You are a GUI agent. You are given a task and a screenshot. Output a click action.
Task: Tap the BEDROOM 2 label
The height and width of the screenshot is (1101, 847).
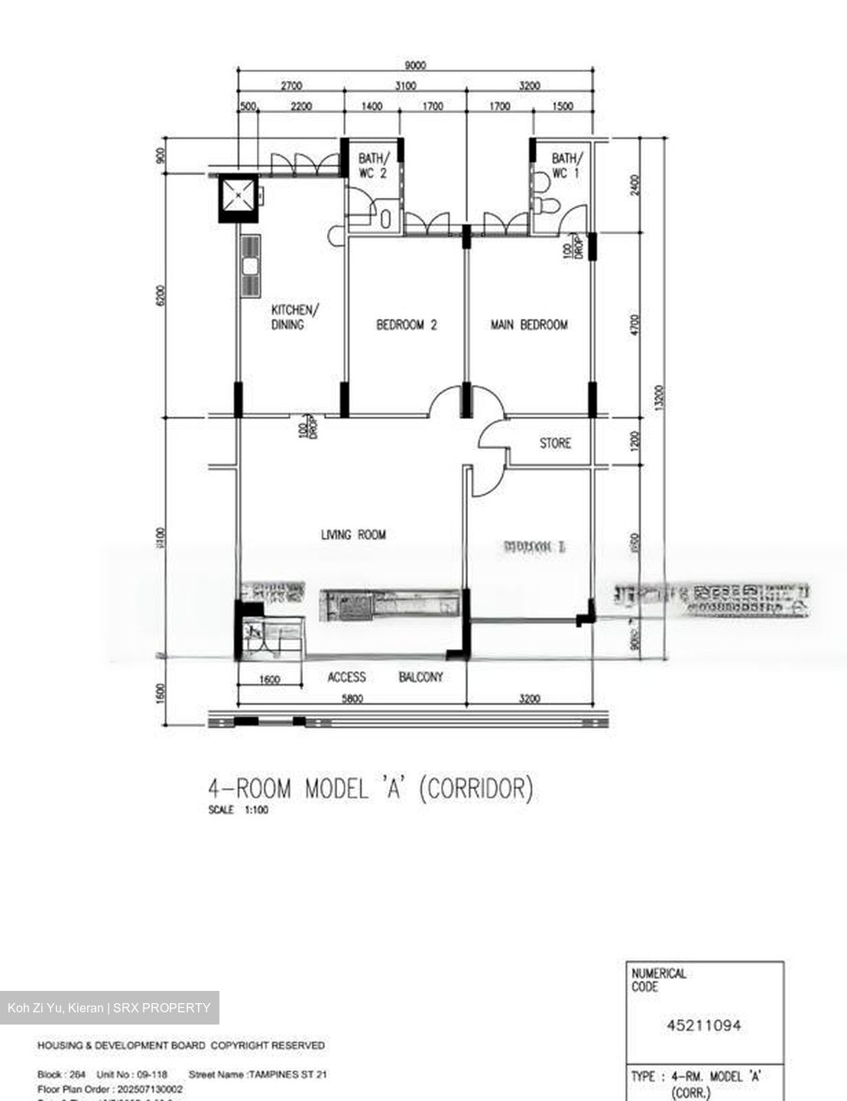point(406,325)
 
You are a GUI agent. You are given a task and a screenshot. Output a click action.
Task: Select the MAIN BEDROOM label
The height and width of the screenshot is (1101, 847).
point(528,325)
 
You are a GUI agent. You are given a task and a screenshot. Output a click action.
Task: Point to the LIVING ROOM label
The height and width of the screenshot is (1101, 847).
point(353,534)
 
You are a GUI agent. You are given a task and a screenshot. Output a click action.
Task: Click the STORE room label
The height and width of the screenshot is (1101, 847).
point(555,443)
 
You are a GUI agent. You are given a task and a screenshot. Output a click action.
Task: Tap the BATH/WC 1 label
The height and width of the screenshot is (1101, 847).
point(566,166)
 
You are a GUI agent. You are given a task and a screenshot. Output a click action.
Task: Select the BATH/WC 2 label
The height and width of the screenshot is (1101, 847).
point(374,166)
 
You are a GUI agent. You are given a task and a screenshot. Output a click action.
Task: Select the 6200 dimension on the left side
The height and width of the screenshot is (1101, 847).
point(160,296)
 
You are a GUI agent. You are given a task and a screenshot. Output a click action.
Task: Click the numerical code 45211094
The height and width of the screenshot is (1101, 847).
point(703,1025)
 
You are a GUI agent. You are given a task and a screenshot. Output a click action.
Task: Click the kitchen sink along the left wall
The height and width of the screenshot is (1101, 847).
point(250,266)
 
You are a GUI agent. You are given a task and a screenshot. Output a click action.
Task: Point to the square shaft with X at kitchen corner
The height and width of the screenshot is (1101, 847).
point(239,196)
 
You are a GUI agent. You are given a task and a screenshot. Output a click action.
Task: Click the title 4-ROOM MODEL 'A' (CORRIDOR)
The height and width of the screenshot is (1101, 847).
point(370,788)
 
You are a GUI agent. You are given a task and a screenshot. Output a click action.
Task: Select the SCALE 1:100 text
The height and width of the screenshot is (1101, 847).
point(238,810)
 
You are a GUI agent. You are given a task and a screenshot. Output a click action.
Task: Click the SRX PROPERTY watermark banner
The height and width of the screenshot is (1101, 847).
point(109,1008)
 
